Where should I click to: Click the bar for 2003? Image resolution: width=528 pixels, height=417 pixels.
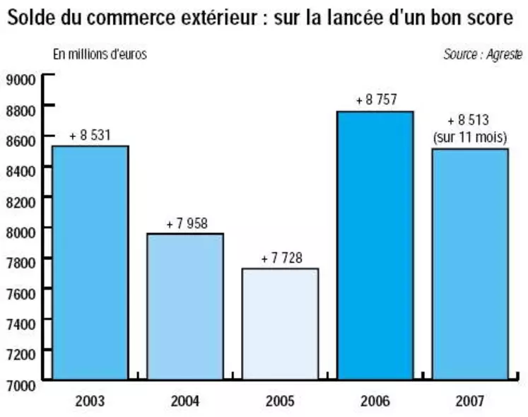90,262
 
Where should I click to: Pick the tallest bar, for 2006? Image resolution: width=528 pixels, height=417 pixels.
375,245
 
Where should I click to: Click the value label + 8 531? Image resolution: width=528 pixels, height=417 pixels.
90,134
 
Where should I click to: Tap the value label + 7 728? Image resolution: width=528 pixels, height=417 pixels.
281,258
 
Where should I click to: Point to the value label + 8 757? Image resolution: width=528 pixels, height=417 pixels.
375,100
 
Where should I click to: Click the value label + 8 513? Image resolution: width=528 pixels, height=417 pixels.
469,120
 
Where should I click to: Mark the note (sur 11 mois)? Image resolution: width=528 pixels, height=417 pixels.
470,136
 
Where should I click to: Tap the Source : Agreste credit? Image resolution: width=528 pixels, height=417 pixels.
483,54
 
